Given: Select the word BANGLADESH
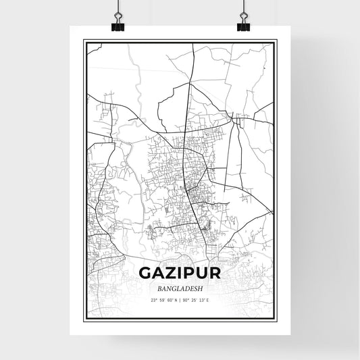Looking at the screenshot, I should point(180,287).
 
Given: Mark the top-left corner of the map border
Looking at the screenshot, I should point(84,41).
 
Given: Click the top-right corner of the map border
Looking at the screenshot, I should point(276,41).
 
